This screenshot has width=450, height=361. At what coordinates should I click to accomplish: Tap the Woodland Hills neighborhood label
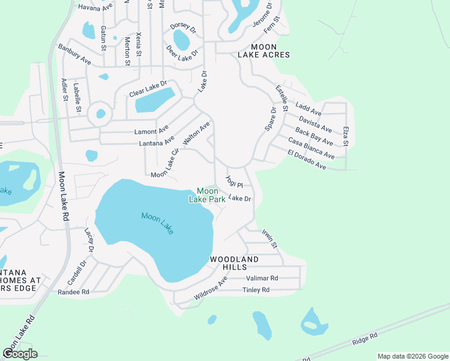pos(233,263)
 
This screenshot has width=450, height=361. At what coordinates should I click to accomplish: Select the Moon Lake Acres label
pos(264,51)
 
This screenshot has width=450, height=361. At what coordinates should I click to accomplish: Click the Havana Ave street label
pos(96,8)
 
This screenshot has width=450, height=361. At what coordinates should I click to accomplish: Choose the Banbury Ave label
pos(74,54)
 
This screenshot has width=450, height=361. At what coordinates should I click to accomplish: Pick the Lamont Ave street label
pos(150,131)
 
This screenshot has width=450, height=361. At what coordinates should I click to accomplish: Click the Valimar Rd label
pos(262,279)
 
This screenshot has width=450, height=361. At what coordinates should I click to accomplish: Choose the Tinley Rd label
pos(256,290)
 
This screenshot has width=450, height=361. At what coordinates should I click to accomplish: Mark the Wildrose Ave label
pos(211,289)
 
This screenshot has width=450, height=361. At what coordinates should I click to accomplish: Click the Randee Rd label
pos(73,292)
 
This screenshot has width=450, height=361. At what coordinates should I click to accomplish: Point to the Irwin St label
pos(269,238)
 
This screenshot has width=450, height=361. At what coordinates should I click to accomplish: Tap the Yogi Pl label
pos(233,182)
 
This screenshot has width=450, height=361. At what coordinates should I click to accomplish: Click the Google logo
pos(20,353)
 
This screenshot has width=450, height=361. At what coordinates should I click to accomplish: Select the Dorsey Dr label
pos(183,27)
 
